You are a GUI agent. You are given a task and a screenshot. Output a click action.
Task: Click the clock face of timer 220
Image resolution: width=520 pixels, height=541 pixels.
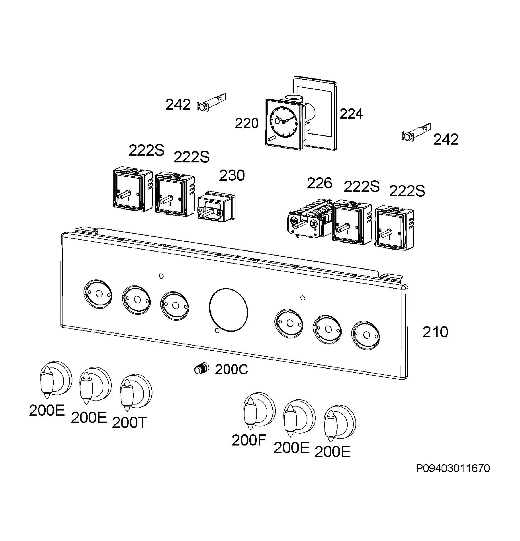point(283,121)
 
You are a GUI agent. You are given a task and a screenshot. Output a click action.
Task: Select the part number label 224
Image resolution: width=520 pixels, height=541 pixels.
point(351,113)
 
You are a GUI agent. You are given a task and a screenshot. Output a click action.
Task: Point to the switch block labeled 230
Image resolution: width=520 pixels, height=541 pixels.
point(217,207)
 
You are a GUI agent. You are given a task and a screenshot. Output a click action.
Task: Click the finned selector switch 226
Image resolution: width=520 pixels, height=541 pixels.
point(309,218)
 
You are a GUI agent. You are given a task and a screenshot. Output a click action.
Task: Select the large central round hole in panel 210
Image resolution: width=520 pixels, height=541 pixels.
point(228,310)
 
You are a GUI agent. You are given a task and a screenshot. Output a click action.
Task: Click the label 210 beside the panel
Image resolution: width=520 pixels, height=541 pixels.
point(435,332)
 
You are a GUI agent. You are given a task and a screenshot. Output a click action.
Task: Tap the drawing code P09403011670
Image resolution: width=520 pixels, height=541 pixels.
point(453,468)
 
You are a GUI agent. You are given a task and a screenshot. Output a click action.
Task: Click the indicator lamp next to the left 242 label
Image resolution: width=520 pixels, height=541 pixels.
point(211,102)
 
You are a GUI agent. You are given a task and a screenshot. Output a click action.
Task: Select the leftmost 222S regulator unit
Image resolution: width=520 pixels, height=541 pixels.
point(132,189)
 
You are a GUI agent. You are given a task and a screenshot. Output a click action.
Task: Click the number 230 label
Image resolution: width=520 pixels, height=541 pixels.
point(232,175)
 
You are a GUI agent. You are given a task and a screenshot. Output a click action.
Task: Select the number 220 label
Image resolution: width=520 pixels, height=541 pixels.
point(247,123)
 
